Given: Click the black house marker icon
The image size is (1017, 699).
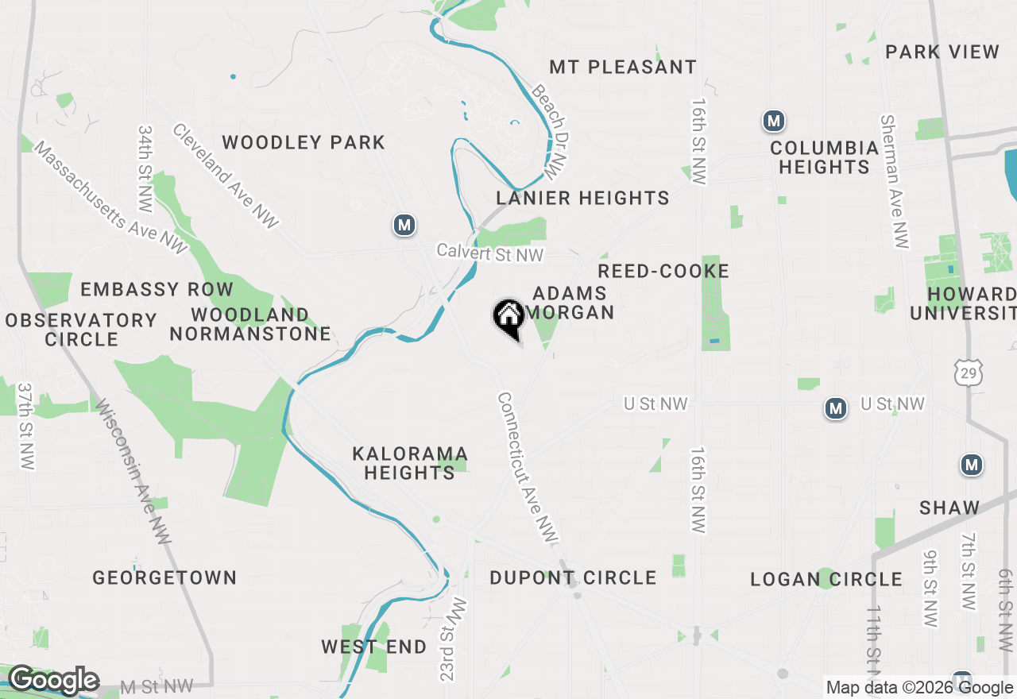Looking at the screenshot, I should [508, 319].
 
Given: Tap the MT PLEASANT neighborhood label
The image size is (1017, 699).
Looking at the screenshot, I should [623, 67].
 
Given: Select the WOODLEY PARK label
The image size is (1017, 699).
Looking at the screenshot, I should [304, 143].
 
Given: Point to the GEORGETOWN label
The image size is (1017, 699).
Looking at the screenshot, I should [164, 577].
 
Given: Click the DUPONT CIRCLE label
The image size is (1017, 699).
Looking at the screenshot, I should [573, 577].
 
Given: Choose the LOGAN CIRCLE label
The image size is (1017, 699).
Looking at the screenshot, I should [826, 579].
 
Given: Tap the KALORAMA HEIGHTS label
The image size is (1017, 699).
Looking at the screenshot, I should [410, 463].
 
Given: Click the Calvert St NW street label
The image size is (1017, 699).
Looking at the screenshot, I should [490, 253].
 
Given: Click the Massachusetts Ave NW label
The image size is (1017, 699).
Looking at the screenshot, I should [110, 199].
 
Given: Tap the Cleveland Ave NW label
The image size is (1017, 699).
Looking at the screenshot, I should [226, 176].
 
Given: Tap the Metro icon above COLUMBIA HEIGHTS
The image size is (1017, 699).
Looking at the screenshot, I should [773, 122].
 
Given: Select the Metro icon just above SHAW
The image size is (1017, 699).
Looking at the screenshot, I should [971, 465].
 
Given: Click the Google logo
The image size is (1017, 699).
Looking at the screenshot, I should [53, 680].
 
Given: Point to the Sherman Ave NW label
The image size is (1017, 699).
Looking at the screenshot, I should [894, 181].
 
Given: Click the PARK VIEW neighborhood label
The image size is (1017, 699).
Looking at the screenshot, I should [942, 52].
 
